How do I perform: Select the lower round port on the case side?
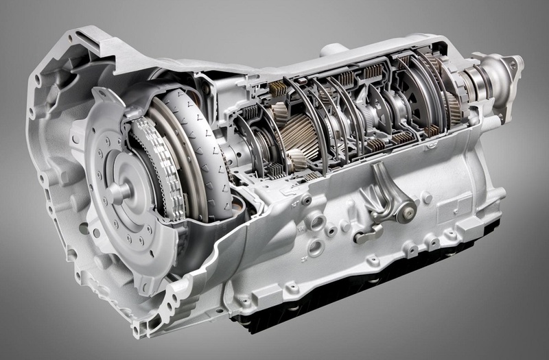(316, 247)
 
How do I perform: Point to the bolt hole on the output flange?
(511, 64)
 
